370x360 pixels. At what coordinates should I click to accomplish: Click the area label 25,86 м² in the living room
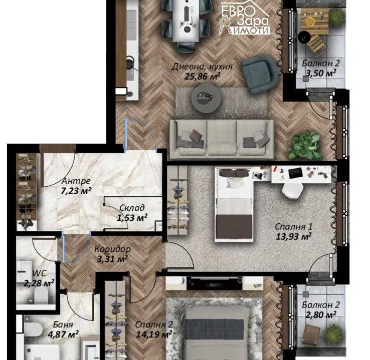pos(203,77)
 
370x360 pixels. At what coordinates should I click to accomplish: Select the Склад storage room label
pos(132,208)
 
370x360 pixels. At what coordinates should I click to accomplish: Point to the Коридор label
pos(112,249)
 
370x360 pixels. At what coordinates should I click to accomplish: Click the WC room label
pos(40,273)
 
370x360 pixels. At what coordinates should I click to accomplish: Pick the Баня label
pos(63,324)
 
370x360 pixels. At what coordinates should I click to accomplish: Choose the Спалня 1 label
pos(294,227)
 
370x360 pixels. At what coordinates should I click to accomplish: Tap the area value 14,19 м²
pos(154,334)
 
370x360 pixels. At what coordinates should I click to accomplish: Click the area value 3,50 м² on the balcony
pos(321,73)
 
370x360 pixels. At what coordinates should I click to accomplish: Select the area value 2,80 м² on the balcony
pos(321,315)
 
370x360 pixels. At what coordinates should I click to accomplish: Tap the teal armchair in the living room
pos(259,74)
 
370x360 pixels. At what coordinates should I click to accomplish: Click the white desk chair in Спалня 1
pos(293,190)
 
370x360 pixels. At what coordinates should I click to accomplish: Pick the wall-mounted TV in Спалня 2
pos(214,283)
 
